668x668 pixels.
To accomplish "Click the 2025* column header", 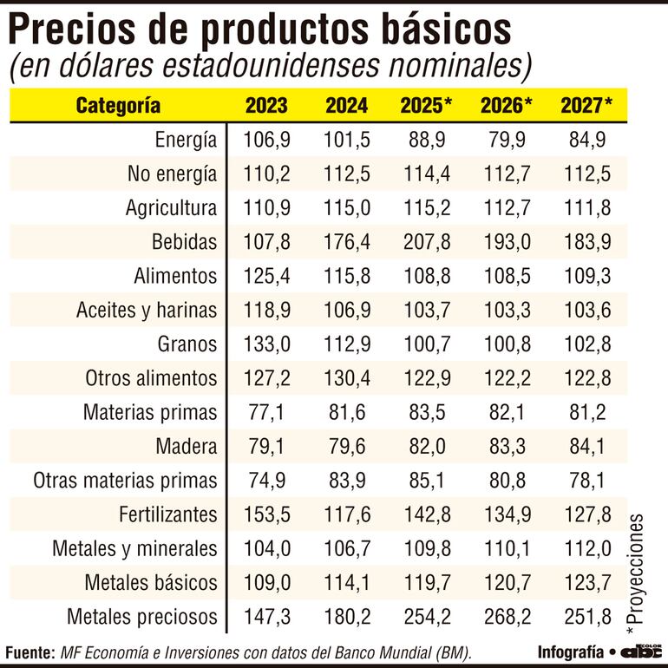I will click(x=426, y=106).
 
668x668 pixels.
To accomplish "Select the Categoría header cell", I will click(x=118, y=106).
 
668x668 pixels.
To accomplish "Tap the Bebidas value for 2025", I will click(x=426, y=242).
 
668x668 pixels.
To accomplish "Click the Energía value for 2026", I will click(x=506, y=140).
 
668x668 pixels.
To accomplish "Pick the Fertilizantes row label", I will click(x=167, y=514).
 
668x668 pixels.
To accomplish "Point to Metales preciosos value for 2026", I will click(x=506, y=617).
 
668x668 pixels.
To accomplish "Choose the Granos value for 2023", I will click(x=266, y=344).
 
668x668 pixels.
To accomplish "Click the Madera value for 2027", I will click(x=586, y=447).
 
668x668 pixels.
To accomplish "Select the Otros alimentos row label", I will click(x=151, y=378).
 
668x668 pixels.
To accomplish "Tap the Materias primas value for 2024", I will click(x=346, y=412).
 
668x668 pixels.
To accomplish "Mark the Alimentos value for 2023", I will click(x=266, y=276).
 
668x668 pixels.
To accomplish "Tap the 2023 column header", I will click(x=266, y=106).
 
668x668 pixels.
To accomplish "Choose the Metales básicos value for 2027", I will click(x=586, y=583).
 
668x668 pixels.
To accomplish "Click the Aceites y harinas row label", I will click(x=147, y=311).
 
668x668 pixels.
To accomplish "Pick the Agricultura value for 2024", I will click(x=346, y=208).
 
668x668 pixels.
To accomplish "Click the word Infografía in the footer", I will click(x=570, y=652).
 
